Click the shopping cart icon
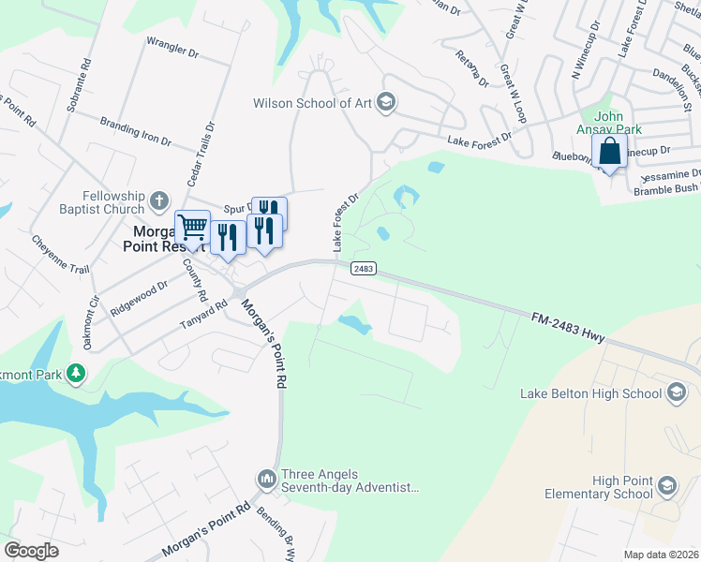coord(192,227)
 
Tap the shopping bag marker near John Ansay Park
coord(609,151)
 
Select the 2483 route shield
coord(364,269)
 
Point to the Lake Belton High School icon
coord(679,393)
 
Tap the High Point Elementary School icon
coord(666,485)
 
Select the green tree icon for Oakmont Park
coord(75,375)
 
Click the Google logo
coord(31,550)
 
